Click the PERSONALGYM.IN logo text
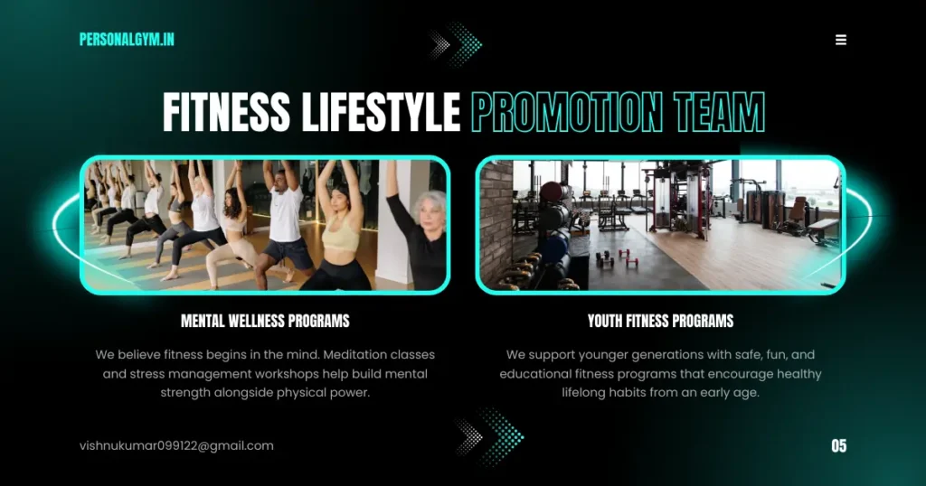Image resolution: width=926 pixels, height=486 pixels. coord(127,40)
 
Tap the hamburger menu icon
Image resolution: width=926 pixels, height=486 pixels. coord(841,40)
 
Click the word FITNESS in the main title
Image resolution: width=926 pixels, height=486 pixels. coord(226,112)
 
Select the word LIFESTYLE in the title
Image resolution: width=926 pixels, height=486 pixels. coord(381,112)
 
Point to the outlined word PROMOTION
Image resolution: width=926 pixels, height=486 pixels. coord(567,112)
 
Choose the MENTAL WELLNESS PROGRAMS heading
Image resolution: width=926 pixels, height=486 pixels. coord(265,321)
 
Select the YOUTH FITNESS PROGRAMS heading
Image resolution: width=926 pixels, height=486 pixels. coord(660,321)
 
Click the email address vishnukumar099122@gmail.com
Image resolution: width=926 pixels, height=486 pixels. coord(176,446)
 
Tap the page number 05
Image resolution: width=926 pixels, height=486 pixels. coord(838,446)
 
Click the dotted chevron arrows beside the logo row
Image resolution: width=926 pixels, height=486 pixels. coord(456,44)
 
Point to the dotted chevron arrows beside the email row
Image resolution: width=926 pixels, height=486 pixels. coord(489,437)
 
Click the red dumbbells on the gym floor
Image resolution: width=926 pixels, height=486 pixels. coord(617,258)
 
